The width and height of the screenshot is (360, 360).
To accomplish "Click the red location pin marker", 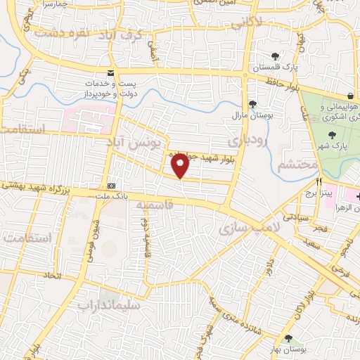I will tap(181, 166).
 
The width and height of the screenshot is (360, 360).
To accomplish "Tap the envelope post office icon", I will tap(110, 73).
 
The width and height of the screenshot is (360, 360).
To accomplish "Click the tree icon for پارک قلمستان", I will tap(275, 56).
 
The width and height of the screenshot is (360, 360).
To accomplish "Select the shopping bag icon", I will tap(350, 96).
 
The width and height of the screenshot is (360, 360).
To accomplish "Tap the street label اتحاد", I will tap(52, 275).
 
